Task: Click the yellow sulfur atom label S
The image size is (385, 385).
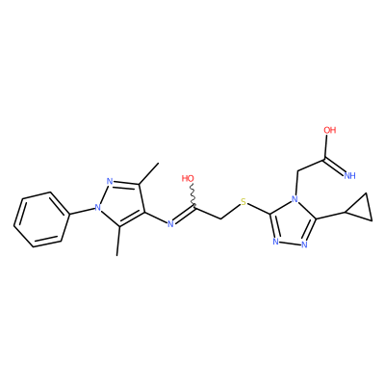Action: pyautogui.click(x=244, y=202)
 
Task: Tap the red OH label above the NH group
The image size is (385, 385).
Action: pyautogui.click(x=329, y=130)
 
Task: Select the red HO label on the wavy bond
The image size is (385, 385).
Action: pyautogui.click(x=188, y=178)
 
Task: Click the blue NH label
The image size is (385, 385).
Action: pyautogui.click(x=349, y=175)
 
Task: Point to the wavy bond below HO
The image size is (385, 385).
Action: pyautogui.click(x=192, y=194)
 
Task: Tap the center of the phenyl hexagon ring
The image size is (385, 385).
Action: pyautogui.click(x=41, y=219)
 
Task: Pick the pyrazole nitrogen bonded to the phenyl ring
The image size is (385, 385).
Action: pyautogui.click(x=98, y=208)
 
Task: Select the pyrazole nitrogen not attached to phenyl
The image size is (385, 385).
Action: pyautogui.click(x=110, y=181)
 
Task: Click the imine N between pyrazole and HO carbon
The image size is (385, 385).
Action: pyautogui.click(x=170, y=223)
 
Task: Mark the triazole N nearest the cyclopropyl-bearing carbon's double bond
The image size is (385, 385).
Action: pyautogui.click(x=304, y=244)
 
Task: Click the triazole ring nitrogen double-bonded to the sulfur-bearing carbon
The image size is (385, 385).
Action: pyautogui.click(x=275, y=242)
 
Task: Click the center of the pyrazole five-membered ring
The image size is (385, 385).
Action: pyautogui.click(x=120, y=203)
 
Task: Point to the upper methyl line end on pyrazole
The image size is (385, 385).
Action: pyautogui.click(x=159, y=164)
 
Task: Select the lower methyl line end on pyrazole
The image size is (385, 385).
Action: pyautogui.click(x=117, y=255)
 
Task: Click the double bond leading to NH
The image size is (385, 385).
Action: pyautogui.click(x=334, y=166)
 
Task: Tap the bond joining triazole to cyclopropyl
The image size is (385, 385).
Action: pyautogui.click(x=331, y=216)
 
